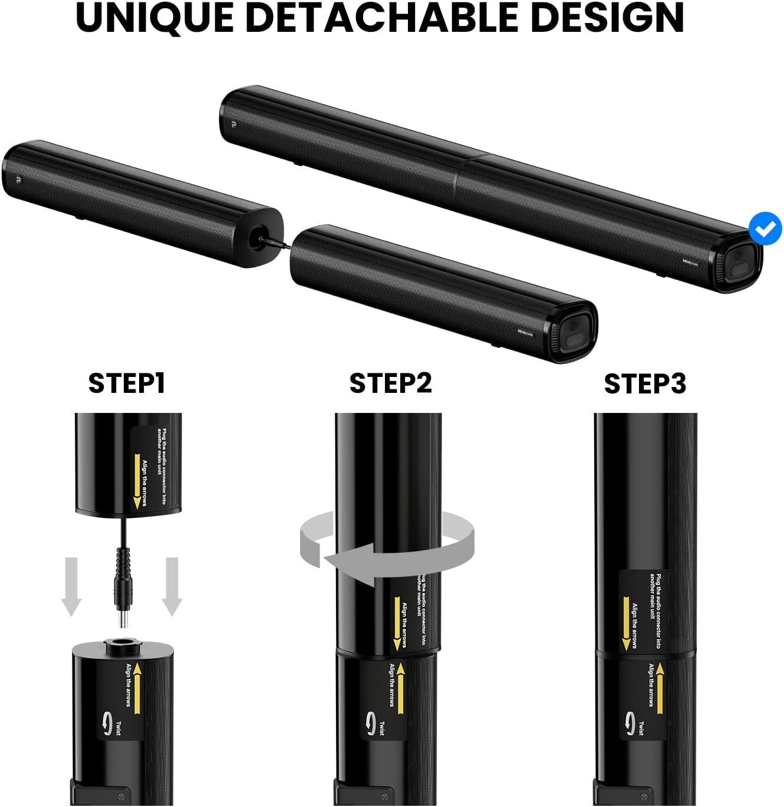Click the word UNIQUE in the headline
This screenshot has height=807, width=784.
(155, 18)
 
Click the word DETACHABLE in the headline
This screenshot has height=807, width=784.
(382, 18)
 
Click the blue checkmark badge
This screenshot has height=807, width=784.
(765, 229)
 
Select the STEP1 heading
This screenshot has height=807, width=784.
(127, 383)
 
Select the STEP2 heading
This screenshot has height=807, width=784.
(391, 383)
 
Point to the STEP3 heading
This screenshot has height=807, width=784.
(645, 383)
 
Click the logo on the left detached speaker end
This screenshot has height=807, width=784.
(14, 178)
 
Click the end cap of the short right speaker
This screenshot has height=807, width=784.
(575, 333)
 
